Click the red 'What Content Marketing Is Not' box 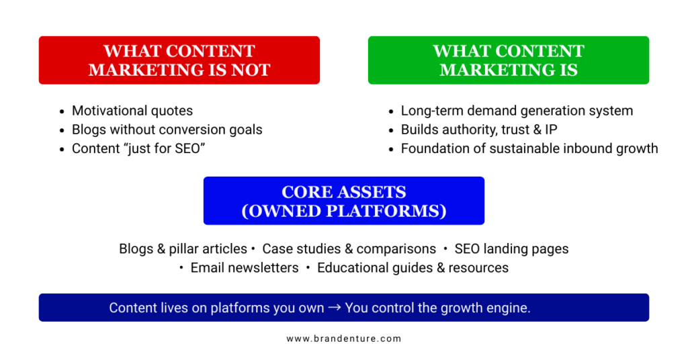pos(179,60)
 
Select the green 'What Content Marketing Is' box pos(508,60)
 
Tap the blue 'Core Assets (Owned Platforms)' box pos(343,200)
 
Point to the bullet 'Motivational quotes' pos(132,111)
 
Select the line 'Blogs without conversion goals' pos(167,130)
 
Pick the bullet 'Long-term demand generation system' pos(517,111)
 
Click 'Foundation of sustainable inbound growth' pos(529,148)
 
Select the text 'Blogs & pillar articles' pos(183,249)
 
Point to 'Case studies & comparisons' pos(349,249)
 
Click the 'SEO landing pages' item pos(511,249)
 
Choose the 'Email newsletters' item pos(245,267)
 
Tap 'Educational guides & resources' pos(413,267)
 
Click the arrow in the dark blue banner pos(335,308)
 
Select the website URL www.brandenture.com pos(343,339)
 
